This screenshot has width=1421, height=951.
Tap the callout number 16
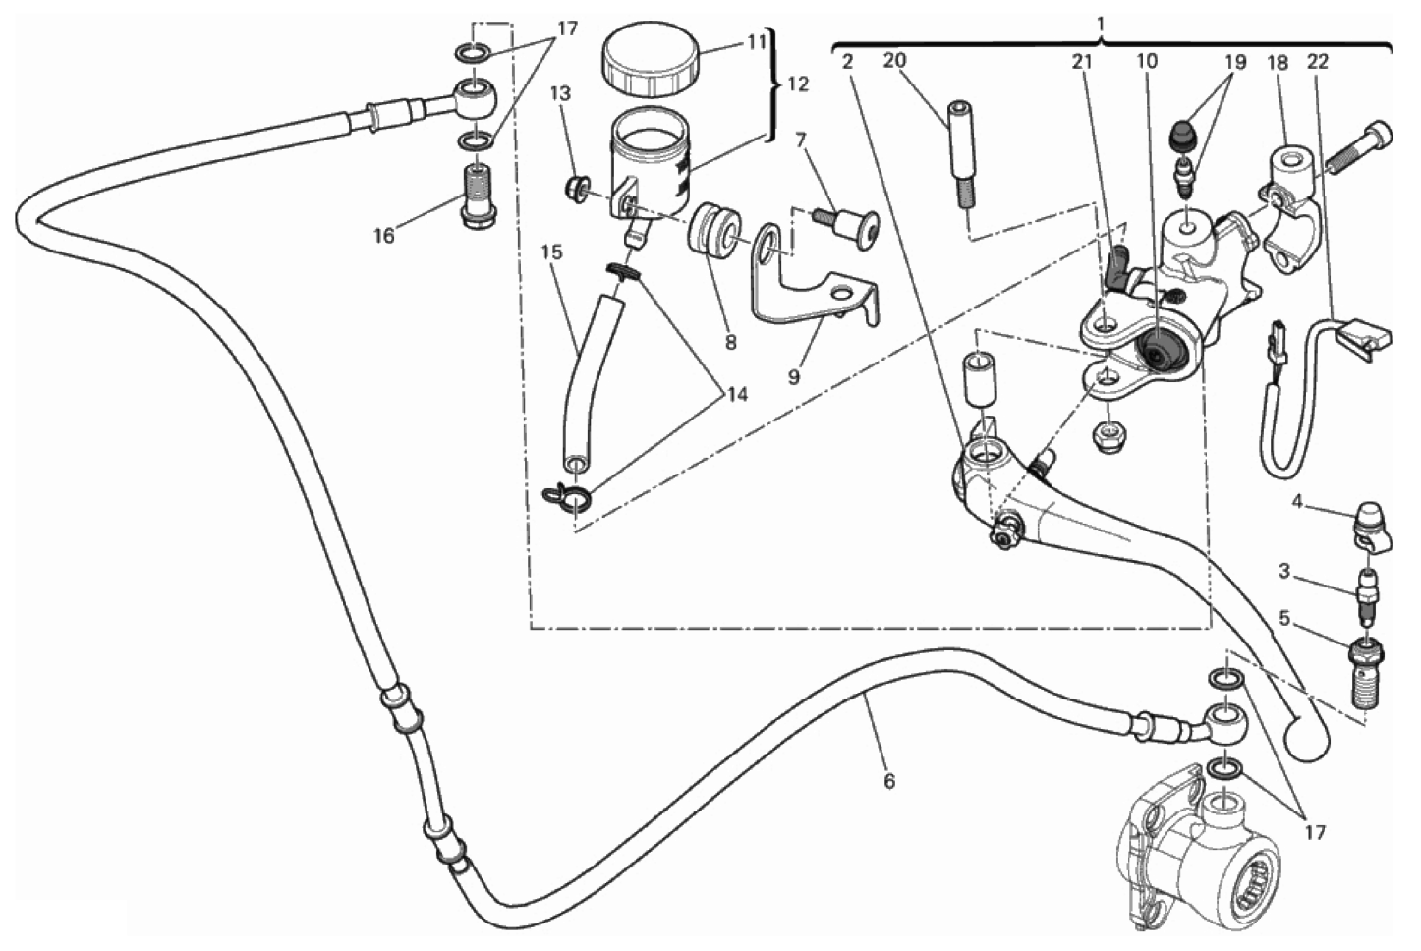tap(383, 236)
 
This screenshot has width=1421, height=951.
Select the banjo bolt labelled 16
tap(479, 196)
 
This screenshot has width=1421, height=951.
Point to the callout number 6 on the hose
tap(889, 781)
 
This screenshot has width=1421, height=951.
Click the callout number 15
tap(552, 252)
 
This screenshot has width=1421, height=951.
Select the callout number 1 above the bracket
tap(1102, 22)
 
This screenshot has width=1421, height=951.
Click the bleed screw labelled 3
tap(1366, 592)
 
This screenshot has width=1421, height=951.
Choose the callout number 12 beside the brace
tap(798, 84)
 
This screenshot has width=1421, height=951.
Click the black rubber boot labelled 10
tap(1161, 351)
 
